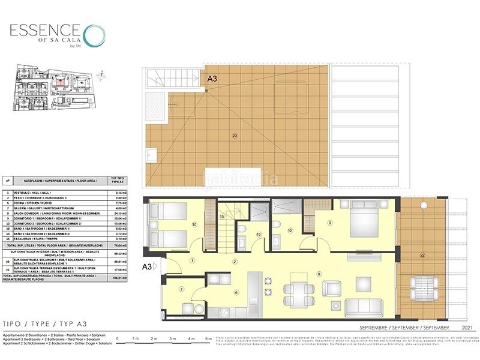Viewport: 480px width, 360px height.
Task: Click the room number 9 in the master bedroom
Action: click(x=329, y=223)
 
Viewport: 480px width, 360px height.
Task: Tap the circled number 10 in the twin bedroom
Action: click(x=194, y=225)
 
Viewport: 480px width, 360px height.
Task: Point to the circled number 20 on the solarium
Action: click(x=235, y=136)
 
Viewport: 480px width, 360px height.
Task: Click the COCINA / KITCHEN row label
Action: click(x=45, y=203)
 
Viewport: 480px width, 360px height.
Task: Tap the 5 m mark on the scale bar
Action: click(x=208, y=340)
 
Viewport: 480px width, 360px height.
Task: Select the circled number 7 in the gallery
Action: click(x=182, y=290)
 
